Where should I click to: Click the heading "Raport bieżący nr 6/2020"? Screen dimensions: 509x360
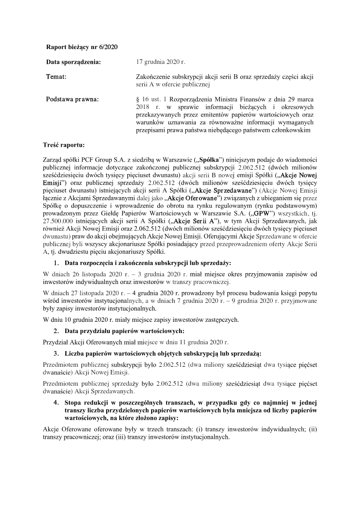(82, 47)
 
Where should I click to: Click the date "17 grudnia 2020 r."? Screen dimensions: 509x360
(160, 62)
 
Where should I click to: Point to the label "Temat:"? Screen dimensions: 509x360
(56, 77)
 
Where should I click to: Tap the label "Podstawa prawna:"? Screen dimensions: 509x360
(73, 99)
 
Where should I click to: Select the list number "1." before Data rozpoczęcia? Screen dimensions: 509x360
(56, 262)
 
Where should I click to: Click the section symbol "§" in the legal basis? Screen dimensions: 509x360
(138, 99)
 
